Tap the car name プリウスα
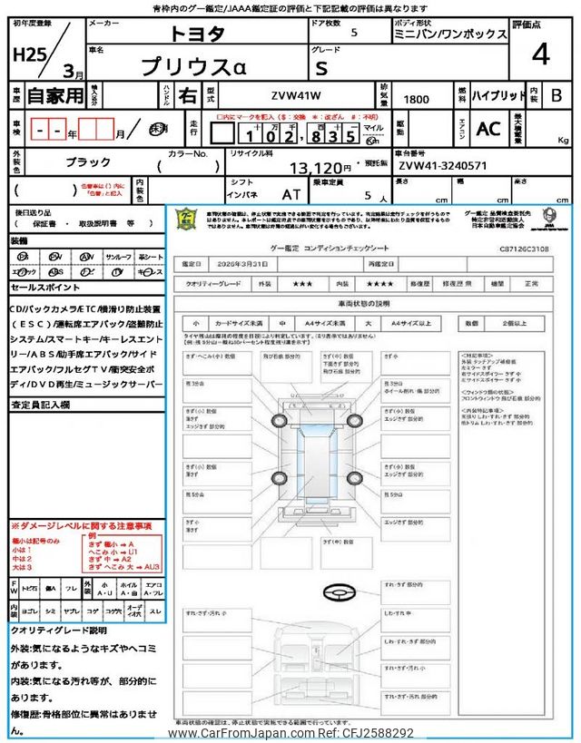pos(204,67)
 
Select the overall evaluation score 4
pos(540,54)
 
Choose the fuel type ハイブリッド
pos(499,95)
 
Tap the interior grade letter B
pos(556,95)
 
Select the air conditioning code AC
pos(488,129)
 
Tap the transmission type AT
pos(291,193)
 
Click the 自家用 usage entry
pos(55,94)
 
